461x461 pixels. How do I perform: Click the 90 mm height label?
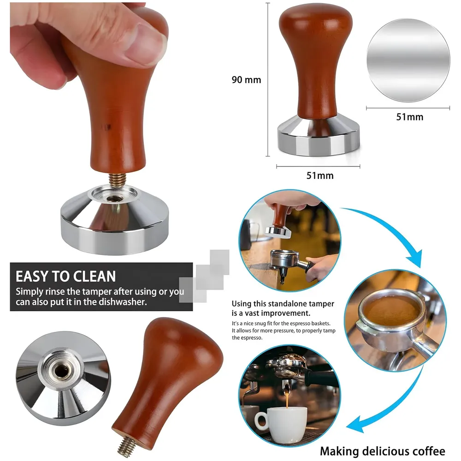point(246,80)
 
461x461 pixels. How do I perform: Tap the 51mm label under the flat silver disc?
point(409,117)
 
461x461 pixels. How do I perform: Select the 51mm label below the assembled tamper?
point(320,176)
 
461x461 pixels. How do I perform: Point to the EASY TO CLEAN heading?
point(65,277)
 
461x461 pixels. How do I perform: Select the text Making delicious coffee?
point(383,451)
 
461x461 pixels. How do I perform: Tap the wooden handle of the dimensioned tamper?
point(316,60)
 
